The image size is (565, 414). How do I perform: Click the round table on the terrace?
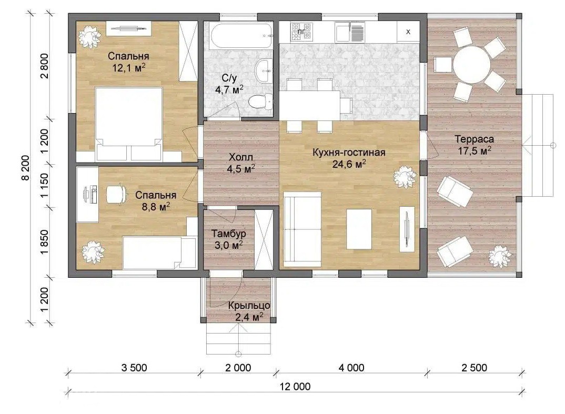pyautogui.click(x=472, y=65)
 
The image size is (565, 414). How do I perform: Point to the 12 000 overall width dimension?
pyautogui.click(x=295, y=387)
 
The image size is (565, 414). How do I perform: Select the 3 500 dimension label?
pyautogui.click(x=134, y=368)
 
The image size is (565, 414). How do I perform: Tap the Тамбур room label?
pyautogui.click(x=228, y=234)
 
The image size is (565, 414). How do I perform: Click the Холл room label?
pyautogui.click(x=241, y=157)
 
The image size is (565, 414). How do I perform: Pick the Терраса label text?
pyautogui.click(x=474, y=139)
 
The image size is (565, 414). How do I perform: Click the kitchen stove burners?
pyautogui.click(x=301, y=32)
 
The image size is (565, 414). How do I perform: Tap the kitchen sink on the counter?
pyautogui.click(x=349, y=32)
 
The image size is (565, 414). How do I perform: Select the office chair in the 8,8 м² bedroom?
pyautogui.click(x=117, y=195)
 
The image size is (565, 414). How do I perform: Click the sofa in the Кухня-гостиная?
pyautogui.click(x=302, y=229)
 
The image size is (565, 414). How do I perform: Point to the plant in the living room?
pyautogui.click(x=405, y=177)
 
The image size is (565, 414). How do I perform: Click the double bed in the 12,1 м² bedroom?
pyautogui.click(x=129, y=124)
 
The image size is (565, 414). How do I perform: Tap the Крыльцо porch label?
pyautogui.click(x=249, y=306)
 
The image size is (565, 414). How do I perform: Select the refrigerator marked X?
pyautogui.click(x=408, y=32)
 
